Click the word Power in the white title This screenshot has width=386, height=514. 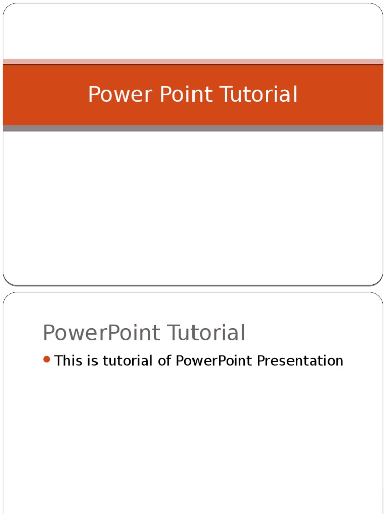114,94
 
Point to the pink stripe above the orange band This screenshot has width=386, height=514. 193,61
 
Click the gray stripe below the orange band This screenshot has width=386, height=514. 193,128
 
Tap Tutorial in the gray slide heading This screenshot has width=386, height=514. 206,333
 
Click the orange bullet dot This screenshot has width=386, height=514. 47,359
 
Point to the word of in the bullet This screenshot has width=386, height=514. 165,360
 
